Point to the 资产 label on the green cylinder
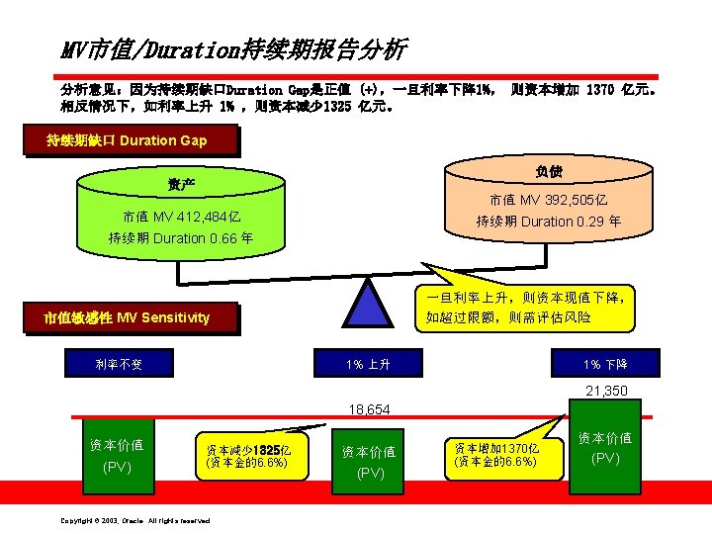coord(181,185)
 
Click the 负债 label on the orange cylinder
coord(550,170)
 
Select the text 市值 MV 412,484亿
coord(181,217)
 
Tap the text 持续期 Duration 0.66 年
coord(181,238)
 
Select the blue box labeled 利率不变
coord(119,364)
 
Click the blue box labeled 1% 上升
coord(368,364)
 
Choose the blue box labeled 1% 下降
coord(605,364)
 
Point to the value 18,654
coord(368,409)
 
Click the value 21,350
coord(606,392)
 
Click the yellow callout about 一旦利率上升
coord(529,307)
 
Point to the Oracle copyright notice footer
coord(135,520)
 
